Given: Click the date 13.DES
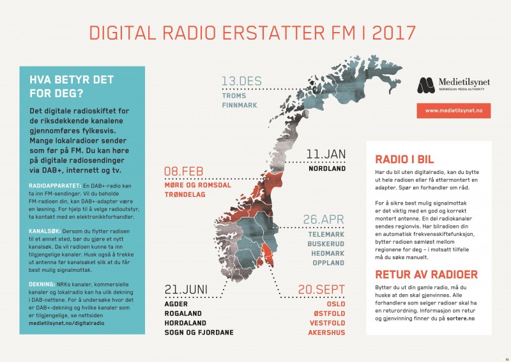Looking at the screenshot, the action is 241,81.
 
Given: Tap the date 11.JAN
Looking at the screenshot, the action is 326,155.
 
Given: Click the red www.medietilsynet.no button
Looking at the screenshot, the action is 453,111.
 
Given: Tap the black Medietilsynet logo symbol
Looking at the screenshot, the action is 426,85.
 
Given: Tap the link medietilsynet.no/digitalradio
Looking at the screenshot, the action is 67,324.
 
